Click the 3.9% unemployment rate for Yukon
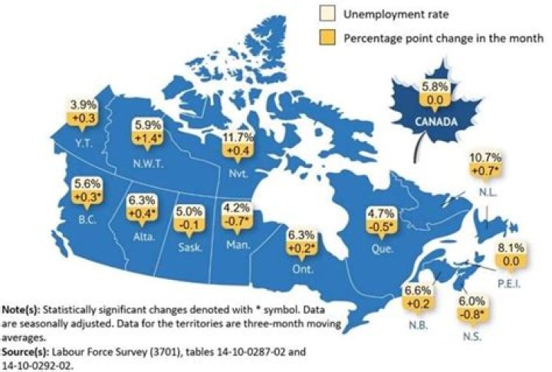click(x=80, y=104)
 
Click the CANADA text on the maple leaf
click(x=433, y=122)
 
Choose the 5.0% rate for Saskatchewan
click(x=192, y=210)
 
